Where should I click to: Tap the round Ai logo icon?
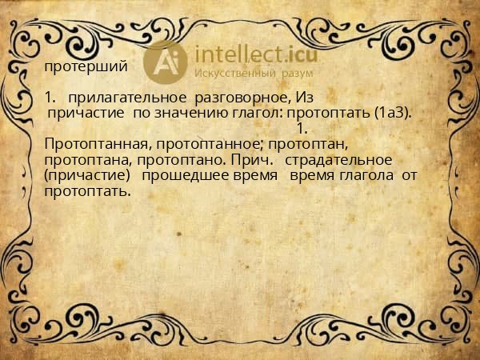166,62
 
